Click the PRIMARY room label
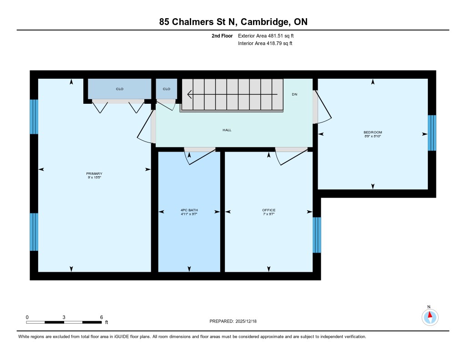pyautogui.click(x=94, y=173)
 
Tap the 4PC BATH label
pyautogui.click(x=189, y=210)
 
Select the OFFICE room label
pyautogui.click(x=268, y=210)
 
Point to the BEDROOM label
pyautogui.click(x=373, y=132)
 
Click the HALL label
pyautogui.click(x=227, y=130)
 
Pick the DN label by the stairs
pyautogui.click(x=294, y=94)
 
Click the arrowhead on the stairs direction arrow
pyautogui.click(x=189, y=94)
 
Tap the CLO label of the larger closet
pyautogui.click(x=120, y=89)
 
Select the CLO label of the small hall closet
pyautogui.click(x=167, y=89)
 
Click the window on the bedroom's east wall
pyautogui.click(x=432, y=133)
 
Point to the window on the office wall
pyautogui.click(x=317, y=235)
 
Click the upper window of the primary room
pyautogui.click(x=34, y=117)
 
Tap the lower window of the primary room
pyautogui.click(x=34, y=232)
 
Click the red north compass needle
pyautogui.click(x=430, y=314)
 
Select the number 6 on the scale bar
pyautogui.click(x=101, y=317)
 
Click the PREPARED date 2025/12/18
pyautogui.click(x=246, y=321)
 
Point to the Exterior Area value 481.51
pyautogui.click(x=275, y=35)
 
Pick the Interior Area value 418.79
pyautogui.click(x=274, y=43)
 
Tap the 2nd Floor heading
pyautogui.click(x=222, y=35)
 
